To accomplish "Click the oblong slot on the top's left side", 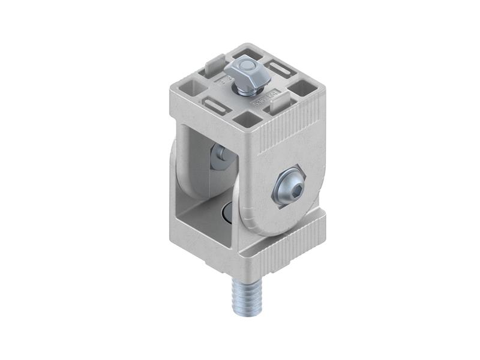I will [x=214, y=106].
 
